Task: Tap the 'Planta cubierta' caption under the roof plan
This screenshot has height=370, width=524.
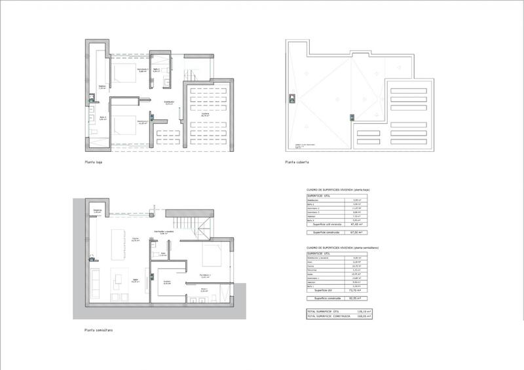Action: click(x=296, y=161)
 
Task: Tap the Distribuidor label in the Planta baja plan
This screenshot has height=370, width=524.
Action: click(x=168, y=102)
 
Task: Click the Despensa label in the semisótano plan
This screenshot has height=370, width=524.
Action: click(x=97, y=211)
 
